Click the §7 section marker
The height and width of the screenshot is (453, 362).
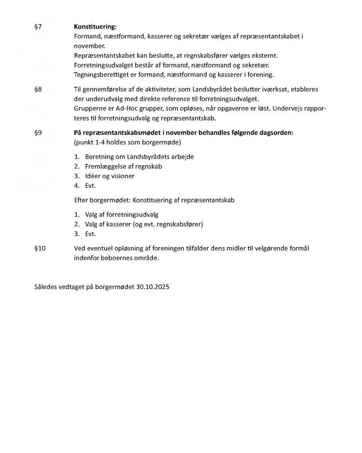[x=38, y=27]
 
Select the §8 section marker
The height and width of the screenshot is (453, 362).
[x=38, y=90]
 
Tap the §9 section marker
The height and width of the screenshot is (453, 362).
[x=38, y=133]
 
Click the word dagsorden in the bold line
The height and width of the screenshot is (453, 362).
[x=277, y=133]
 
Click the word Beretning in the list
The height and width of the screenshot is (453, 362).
[x=99, y=157]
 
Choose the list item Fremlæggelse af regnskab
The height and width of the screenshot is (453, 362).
[x=123, y=167]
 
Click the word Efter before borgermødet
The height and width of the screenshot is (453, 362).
[x=81, y=200]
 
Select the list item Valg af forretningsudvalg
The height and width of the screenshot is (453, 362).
[x=122, y=215]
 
